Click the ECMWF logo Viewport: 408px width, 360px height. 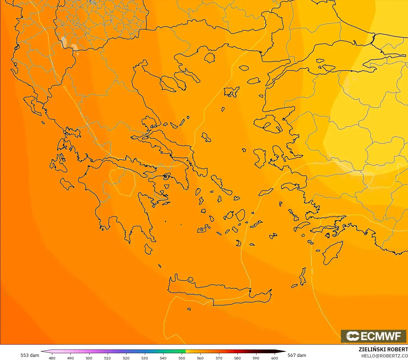(x=373, y=336)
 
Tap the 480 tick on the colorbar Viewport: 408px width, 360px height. (x=52, y=358)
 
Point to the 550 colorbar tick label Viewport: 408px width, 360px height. (x=182, y=358)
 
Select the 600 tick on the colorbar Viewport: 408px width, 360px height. (x=275, y=358)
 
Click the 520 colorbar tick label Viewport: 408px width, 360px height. (x=126, y=358)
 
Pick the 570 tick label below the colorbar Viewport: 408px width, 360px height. (x=219, y=358)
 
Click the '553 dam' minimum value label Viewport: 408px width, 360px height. (x=30, y=355)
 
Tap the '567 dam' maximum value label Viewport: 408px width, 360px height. (x=297, y=355)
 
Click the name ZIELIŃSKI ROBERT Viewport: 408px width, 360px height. (x=383, y=349)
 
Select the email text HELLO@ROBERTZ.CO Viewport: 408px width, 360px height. (x=384, y=356)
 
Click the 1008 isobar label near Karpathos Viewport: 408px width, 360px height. (x=312, y=271)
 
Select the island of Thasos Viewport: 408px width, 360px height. (x=209, y=58)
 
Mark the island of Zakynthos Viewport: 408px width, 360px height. (x=67, y=183)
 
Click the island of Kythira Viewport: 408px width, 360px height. (x=148, y=249)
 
